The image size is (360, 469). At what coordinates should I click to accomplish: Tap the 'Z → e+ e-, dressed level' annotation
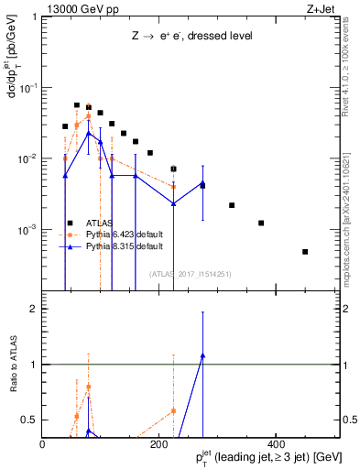tap(191, 36)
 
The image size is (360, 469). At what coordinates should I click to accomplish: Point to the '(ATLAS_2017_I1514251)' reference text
tap(191, 274)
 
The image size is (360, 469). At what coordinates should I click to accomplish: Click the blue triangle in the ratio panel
tap(202, 354)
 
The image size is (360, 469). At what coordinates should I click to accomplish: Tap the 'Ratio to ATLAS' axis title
tap(12, 364)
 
